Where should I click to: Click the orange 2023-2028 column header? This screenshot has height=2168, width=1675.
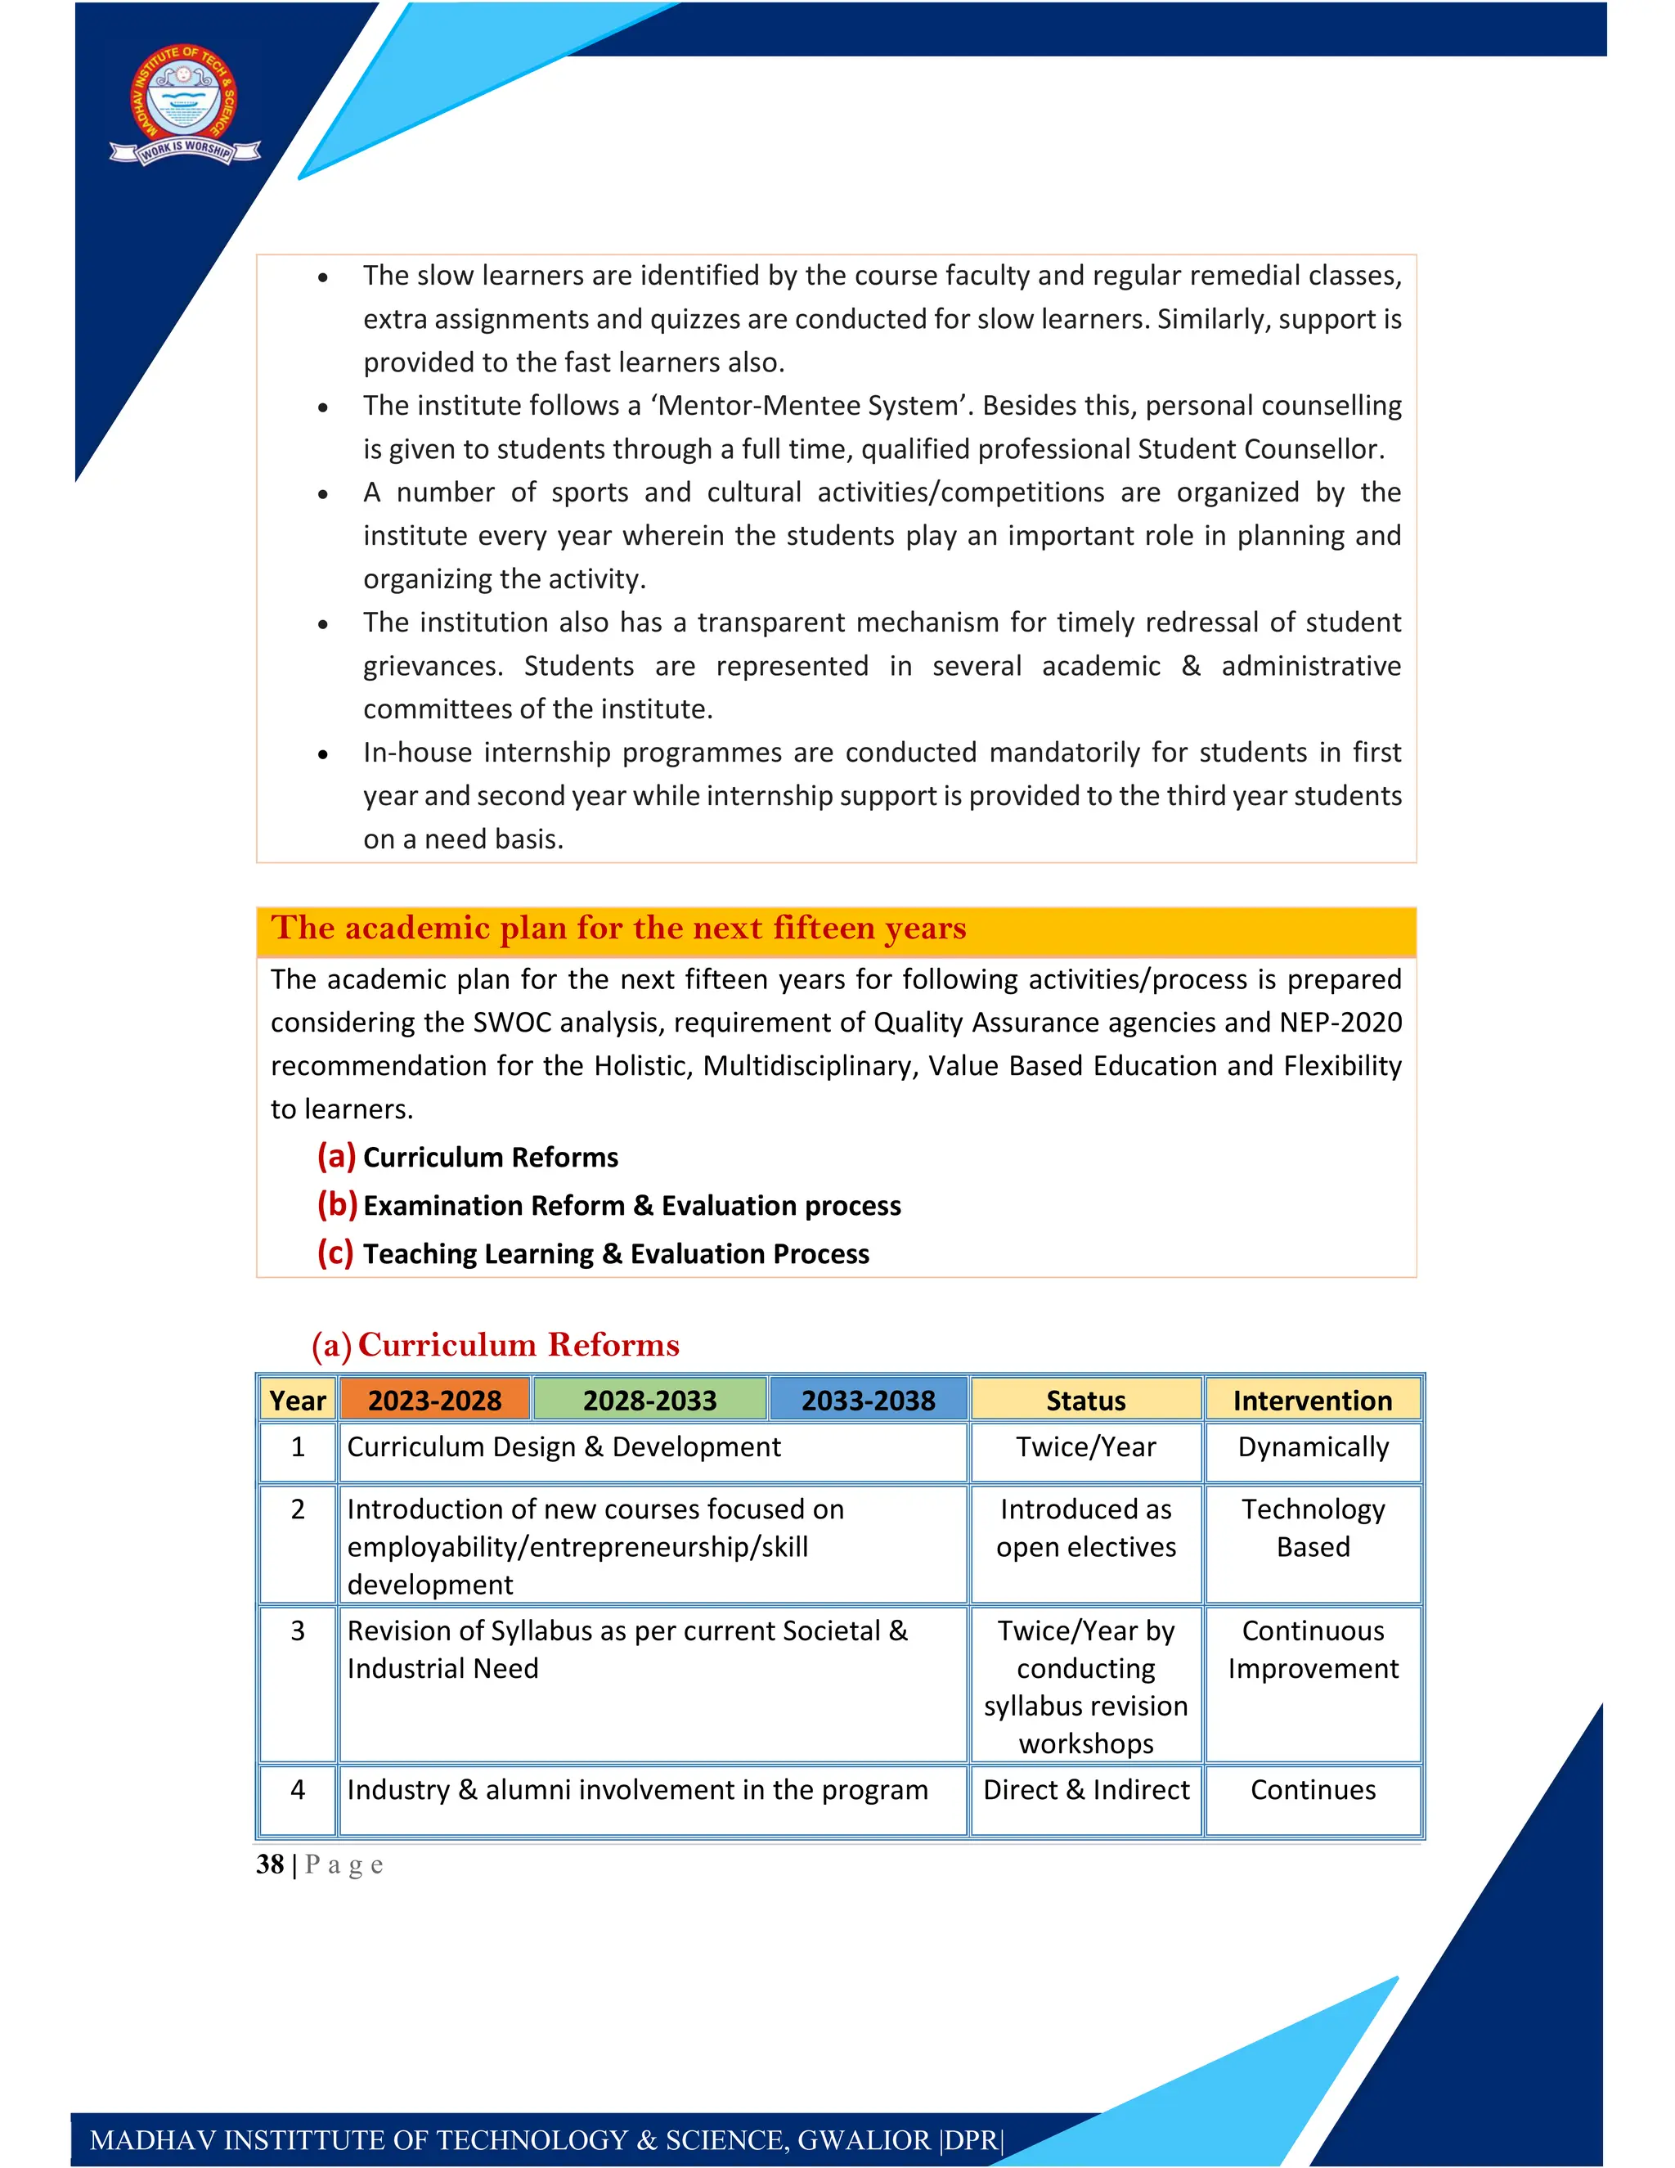tap(434, 1400)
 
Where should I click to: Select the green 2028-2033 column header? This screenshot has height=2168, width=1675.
tap(650, 1400)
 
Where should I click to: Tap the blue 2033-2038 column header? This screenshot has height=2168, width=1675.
tap(869, 1400)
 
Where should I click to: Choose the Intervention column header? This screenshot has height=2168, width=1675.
tap(1312, 1400)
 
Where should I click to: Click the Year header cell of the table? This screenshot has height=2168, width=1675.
tap(297, 1400)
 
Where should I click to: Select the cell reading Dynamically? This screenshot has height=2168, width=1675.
tap(1312, 1447)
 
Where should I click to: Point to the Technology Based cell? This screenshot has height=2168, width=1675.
tap(1312, 1527)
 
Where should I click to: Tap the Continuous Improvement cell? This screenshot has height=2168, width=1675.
tap(1312, 1650)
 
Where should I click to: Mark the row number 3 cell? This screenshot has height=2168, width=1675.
tap(297, 1631)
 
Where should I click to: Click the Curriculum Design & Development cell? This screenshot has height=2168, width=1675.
tap(564, 1447)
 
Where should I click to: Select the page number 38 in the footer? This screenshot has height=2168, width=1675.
tap(270, 1864)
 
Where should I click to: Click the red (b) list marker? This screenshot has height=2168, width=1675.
tap(336, 1204)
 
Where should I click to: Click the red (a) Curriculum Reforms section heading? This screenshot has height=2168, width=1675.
tap(496, 1344)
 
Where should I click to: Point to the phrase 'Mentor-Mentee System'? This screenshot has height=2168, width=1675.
tap(811, 406)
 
